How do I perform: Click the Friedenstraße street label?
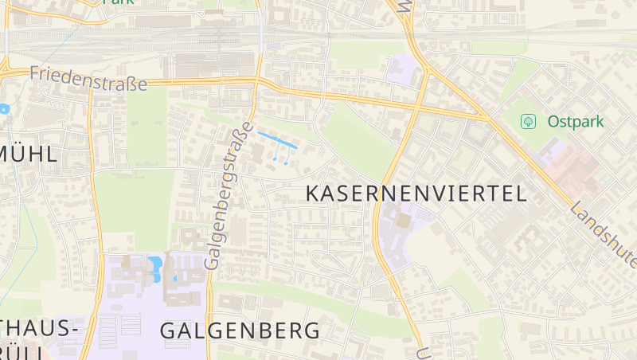[x=89, y=78]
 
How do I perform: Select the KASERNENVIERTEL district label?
[x=416, y=194]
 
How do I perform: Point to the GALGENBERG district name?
[x=240, y=331]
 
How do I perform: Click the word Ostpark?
[x=576, y=122]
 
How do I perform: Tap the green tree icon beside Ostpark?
[x=527, y=122]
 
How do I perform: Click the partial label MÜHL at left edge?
[x=29, y=154]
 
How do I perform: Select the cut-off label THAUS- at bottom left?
[x=40, y=329]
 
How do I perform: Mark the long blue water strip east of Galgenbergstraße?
[x=277, y=140]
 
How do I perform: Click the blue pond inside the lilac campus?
[x=155, y=265]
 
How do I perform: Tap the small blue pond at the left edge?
[x=4, y=109]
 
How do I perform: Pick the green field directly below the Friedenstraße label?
[x=147, y=123]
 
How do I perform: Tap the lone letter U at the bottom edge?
[x=420, y=351]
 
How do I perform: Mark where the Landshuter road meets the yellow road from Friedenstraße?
[x=486, y=117]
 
